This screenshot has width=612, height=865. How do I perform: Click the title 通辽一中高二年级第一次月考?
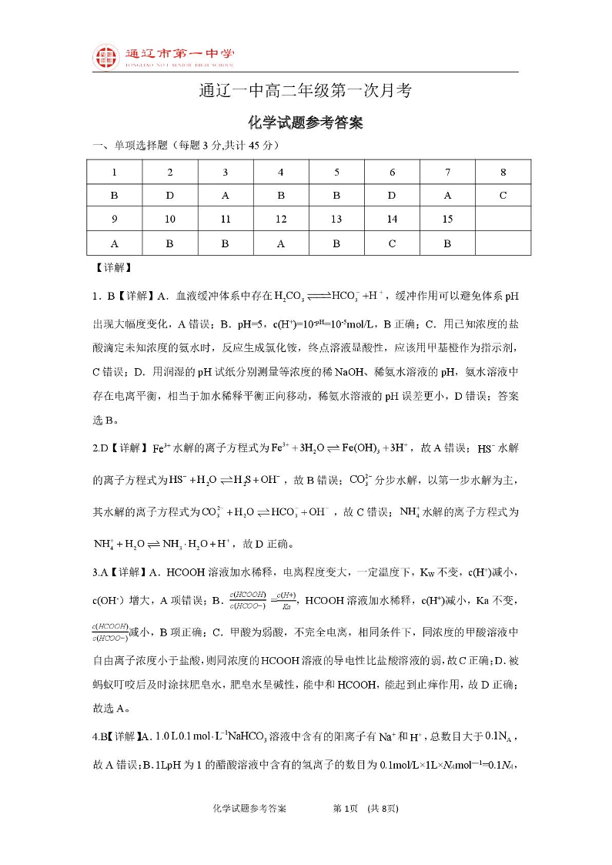coord(306,91)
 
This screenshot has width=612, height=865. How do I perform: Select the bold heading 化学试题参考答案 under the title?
coord(306,122)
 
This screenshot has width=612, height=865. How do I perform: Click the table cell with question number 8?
coord(503,172)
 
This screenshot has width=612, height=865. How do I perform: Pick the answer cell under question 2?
coord(170,196)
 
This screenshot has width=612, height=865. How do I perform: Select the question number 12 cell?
coord(281,219)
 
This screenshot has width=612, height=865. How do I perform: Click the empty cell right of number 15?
coord(503,219)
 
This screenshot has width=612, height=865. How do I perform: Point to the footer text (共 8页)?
coord(383,809)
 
